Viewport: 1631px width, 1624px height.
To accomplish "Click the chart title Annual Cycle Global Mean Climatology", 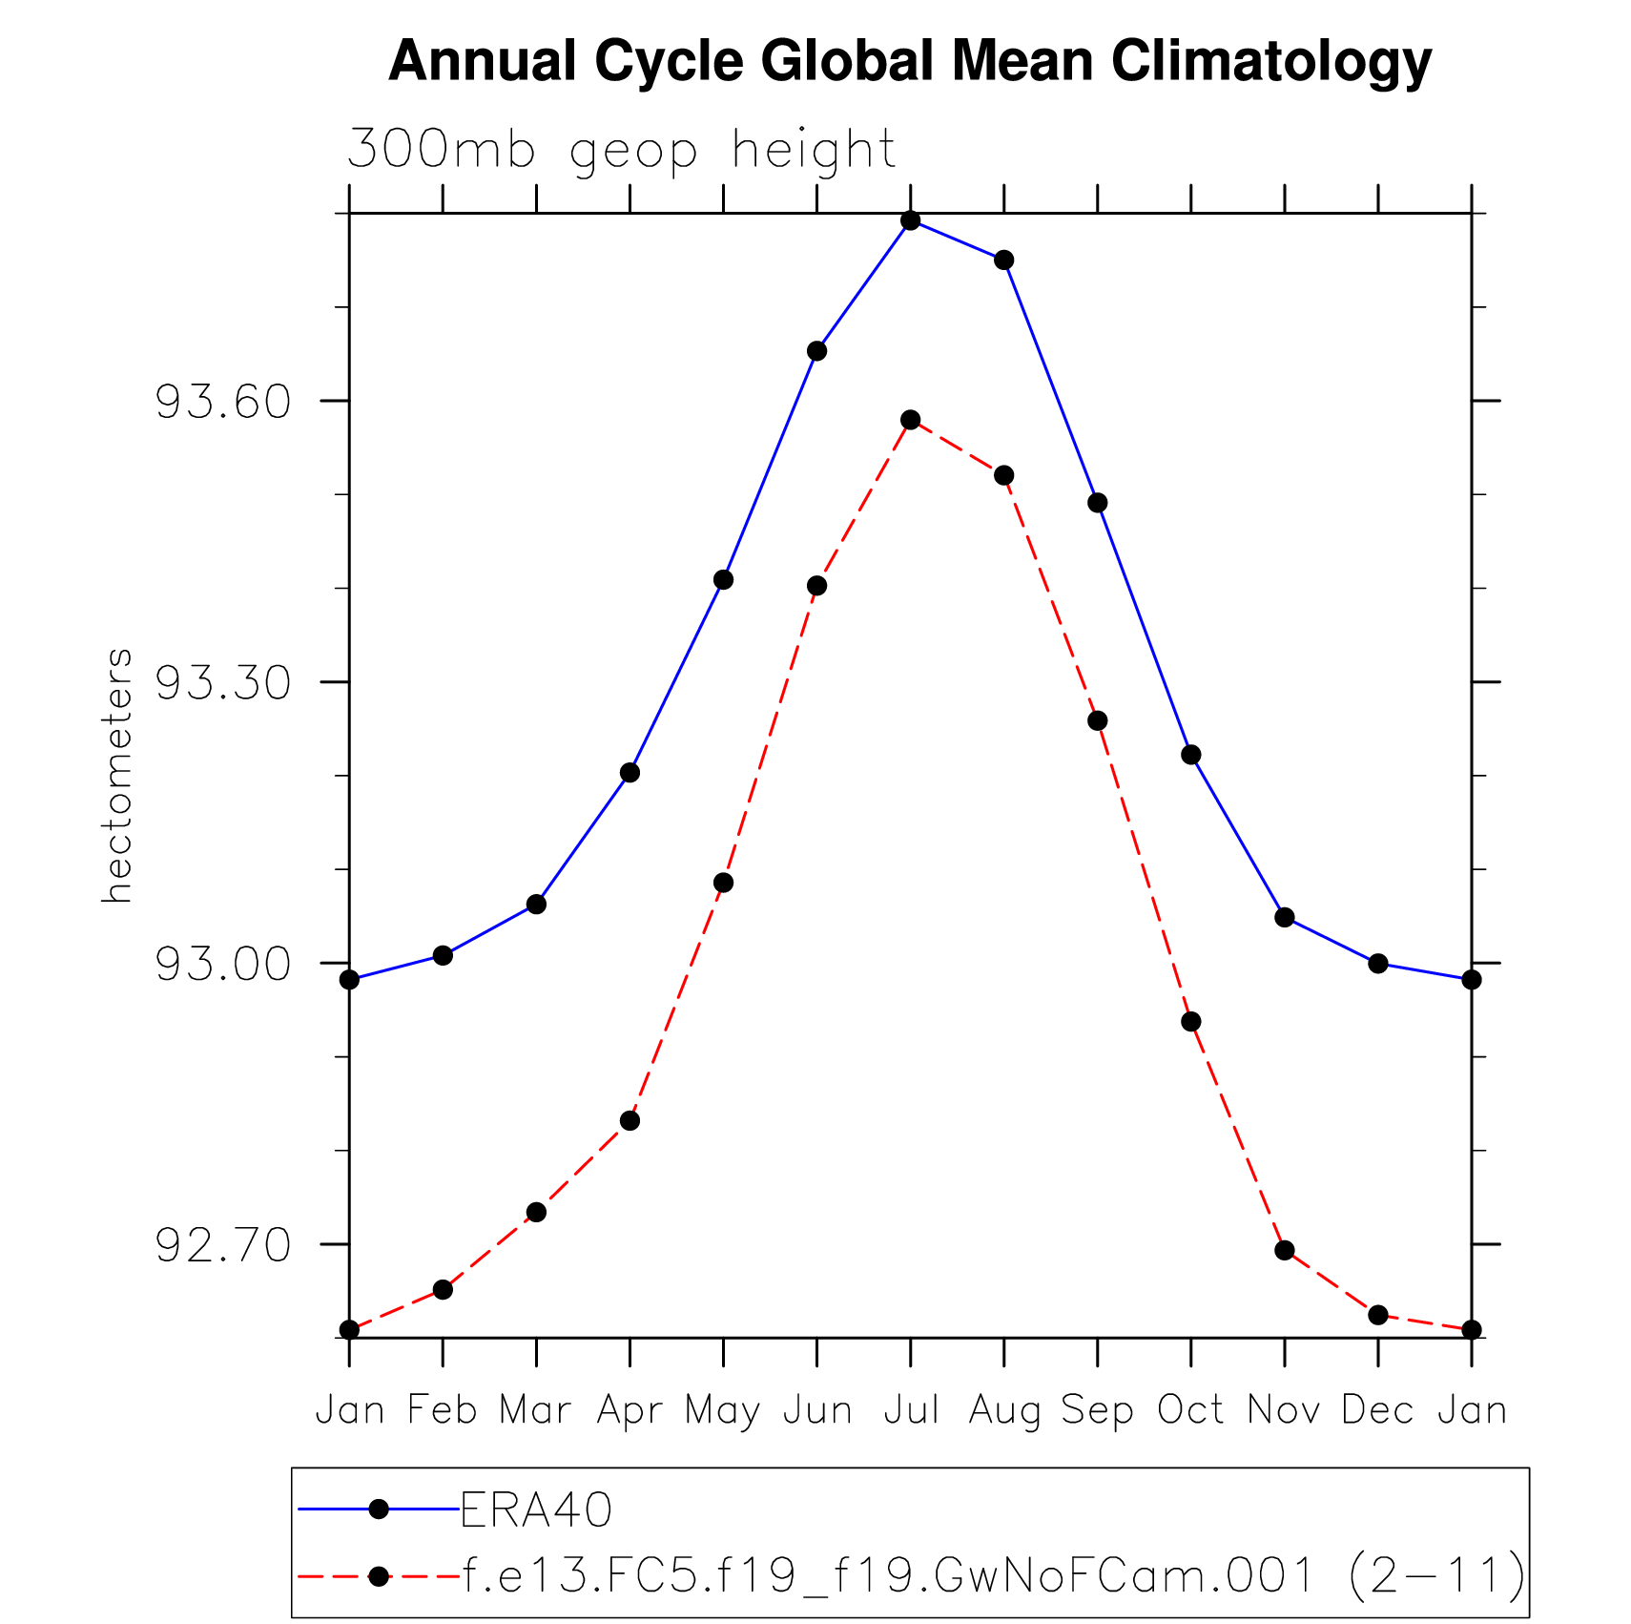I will pos(910,62).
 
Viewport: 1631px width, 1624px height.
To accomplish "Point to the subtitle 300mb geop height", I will pos(621,150).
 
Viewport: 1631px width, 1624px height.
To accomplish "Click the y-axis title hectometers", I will pos(117,775).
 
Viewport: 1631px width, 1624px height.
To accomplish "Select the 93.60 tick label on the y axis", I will pos(222,402).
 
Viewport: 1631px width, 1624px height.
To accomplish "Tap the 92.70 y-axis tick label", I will pos(222,1245).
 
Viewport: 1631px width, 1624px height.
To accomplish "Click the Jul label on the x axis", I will pos(911,1409).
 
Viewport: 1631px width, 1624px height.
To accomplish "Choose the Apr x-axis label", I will pos(630,1409).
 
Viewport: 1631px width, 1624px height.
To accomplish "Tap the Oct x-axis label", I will pos(1190,1409).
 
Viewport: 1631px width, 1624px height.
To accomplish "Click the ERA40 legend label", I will pos(536,1509).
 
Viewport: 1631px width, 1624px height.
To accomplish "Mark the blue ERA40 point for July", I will pos(911,220).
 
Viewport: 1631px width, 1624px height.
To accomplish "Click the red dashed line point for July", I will pos(911,420).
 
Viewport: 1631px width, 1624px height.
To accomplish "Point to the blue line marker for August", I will pos(1003,260).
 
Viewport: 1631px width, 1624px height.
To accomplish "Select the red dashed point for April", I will pos(630,1120).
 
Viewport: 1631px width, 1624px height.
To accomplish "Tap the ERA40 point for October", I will pos(1191,755).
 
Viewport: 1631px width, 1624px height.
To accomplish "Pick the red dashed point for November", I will pos(1285,1250).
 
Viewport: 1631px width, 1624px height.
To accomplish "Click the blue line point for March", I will pos(536,904).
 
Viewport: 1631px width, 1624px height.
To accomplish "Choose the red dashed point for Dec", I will pos(1378,1315).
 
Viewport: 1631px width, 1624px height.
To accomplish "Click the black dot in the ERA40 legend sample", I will pos(379,1509).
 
